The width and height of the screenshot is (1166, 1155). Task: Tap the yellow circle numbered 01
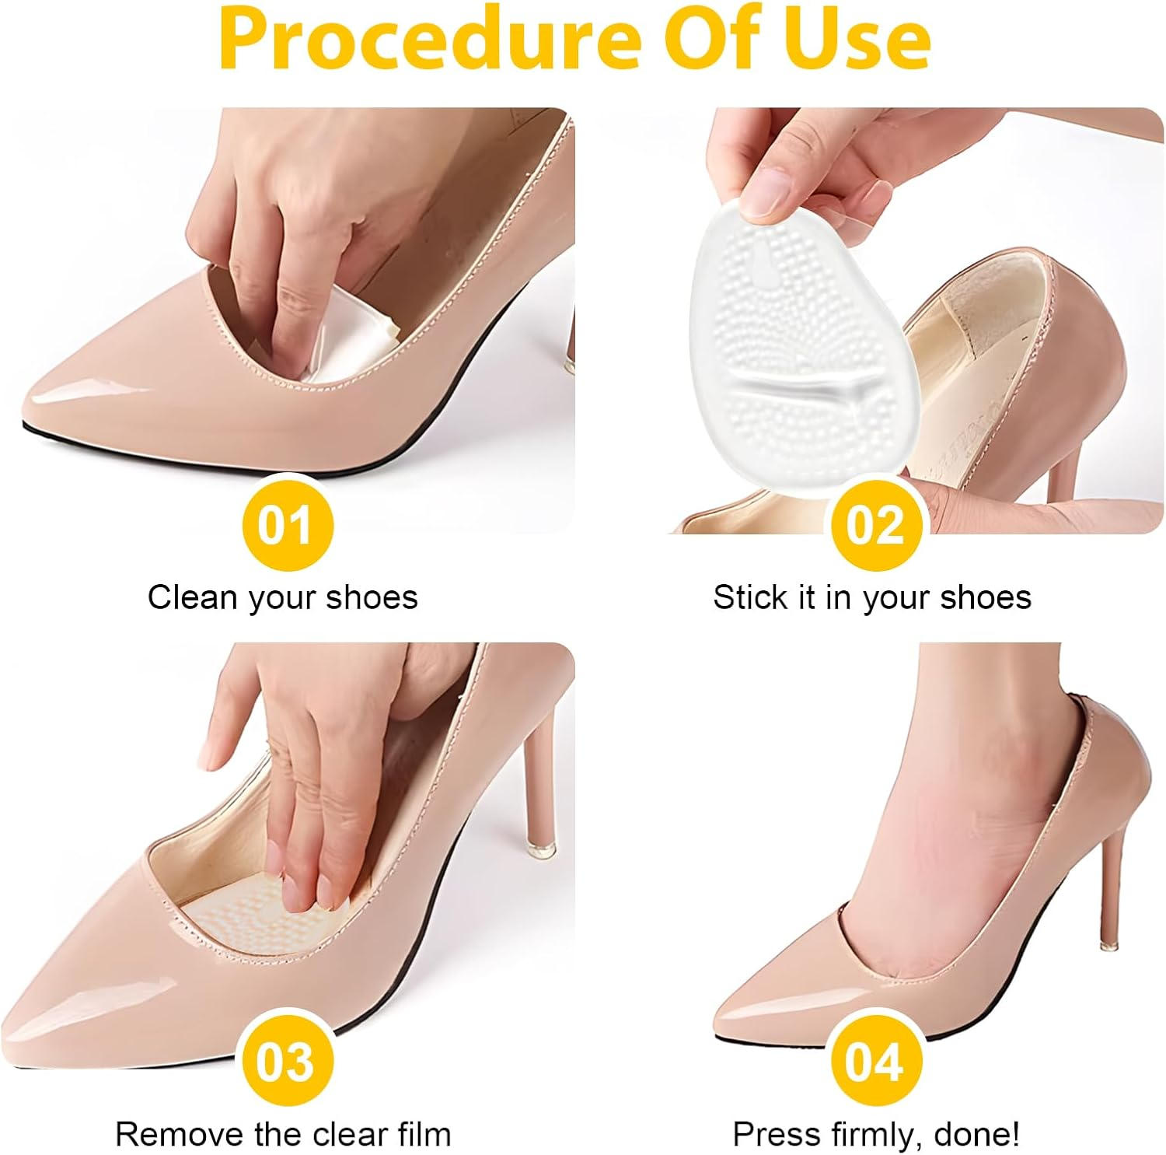tap(287, 525)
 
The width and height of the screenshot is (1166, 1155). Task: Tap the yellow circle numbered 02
tap(875, 525)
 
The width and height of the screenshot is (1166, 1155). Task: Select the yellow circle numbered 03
tap(287, 1061)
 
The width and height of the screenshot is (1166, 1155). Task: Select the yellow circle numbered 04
tap(875, 1061)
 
